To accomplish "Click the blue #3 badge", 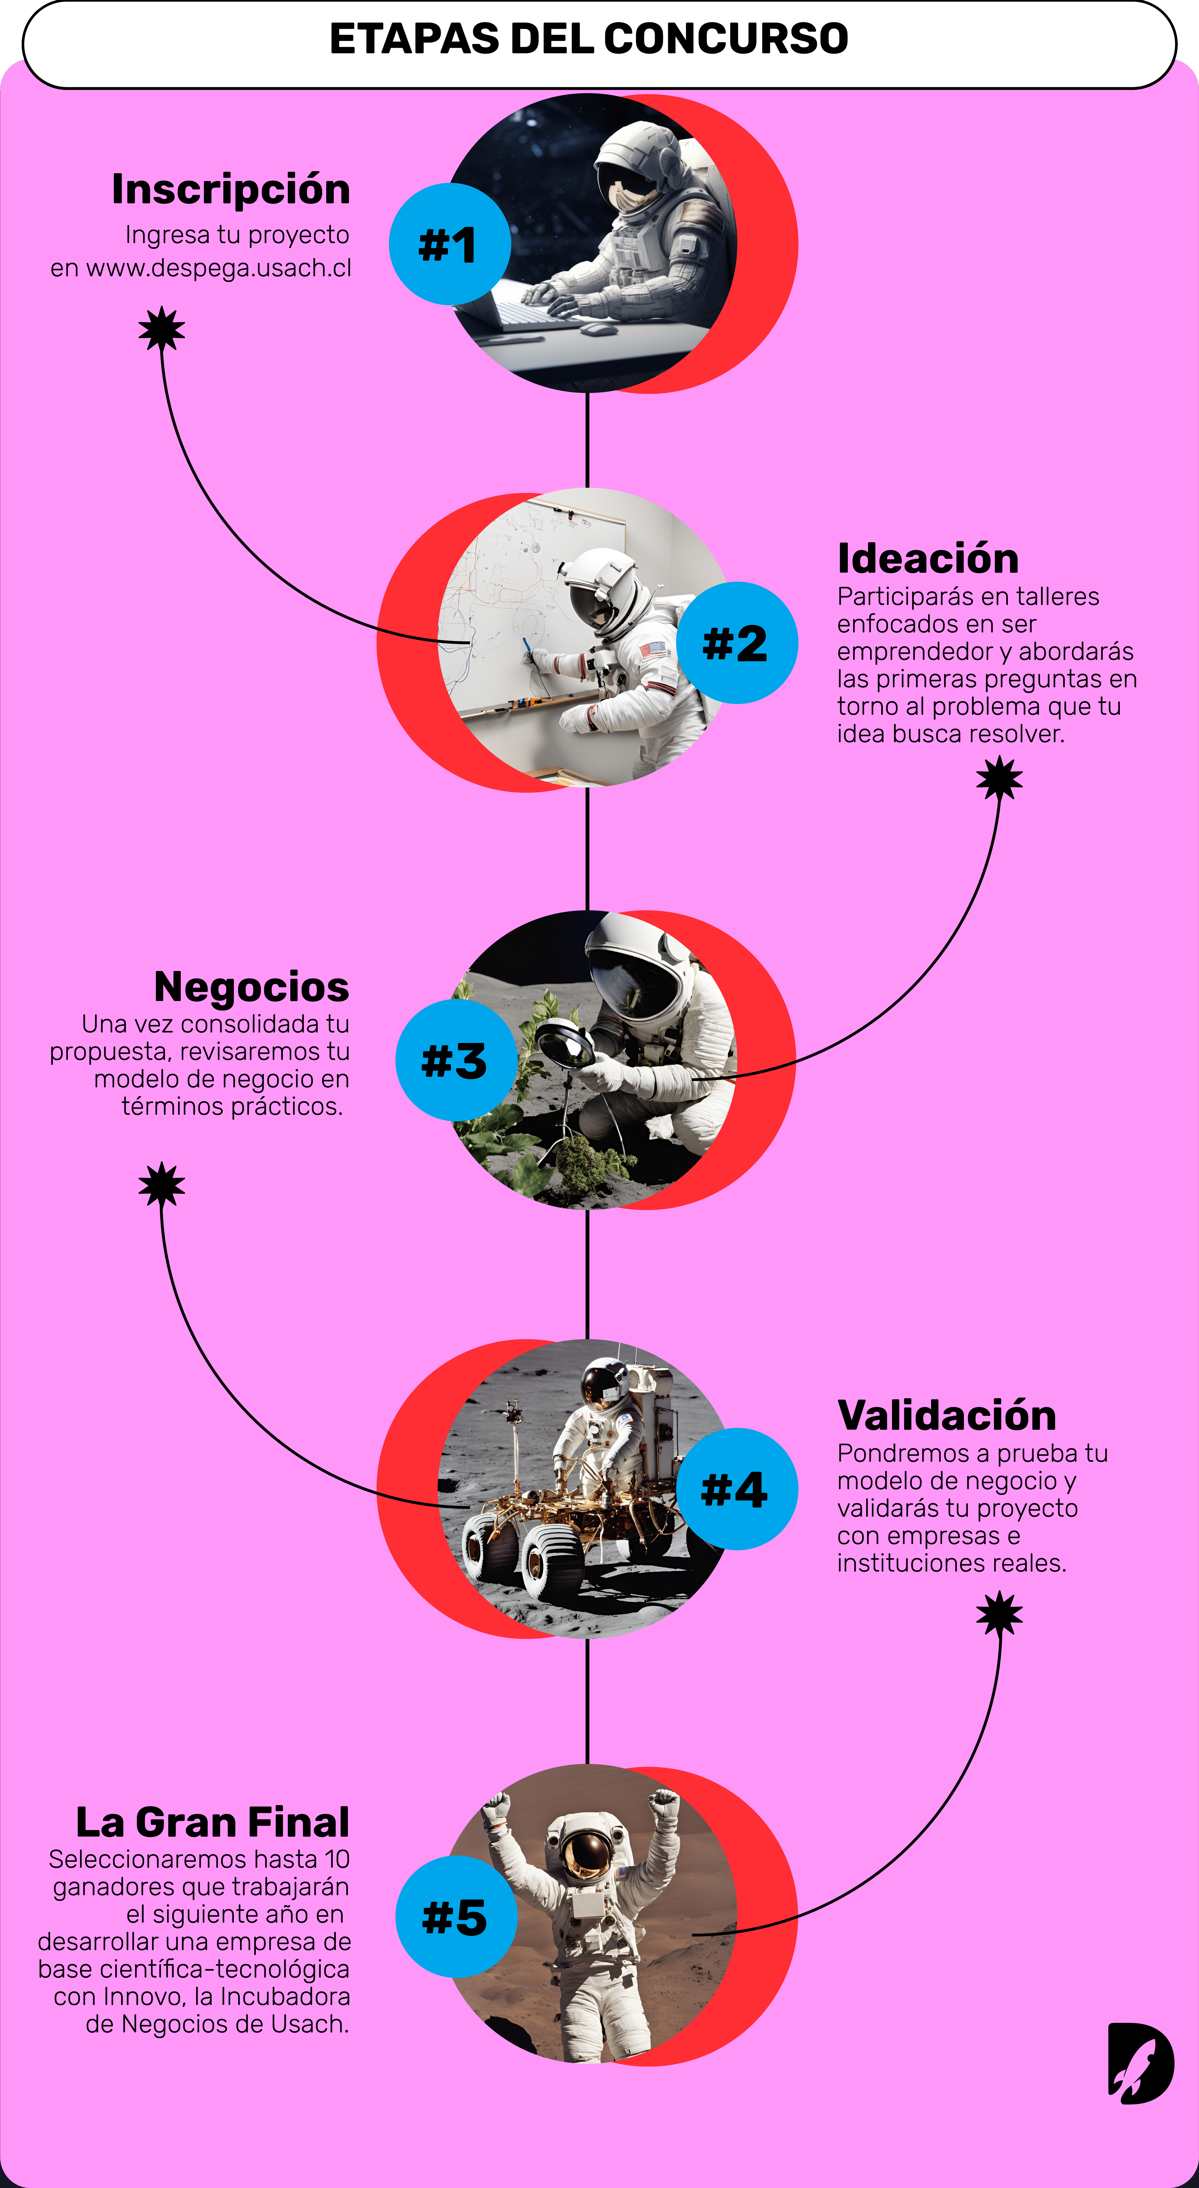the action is coord(456,1060).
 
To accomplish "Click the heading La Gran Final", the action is coord(212,1822).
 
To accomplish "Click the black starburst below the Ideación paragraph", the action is coord(999,778).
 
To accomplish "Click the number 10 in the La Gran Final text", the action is coord(337,1859).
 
